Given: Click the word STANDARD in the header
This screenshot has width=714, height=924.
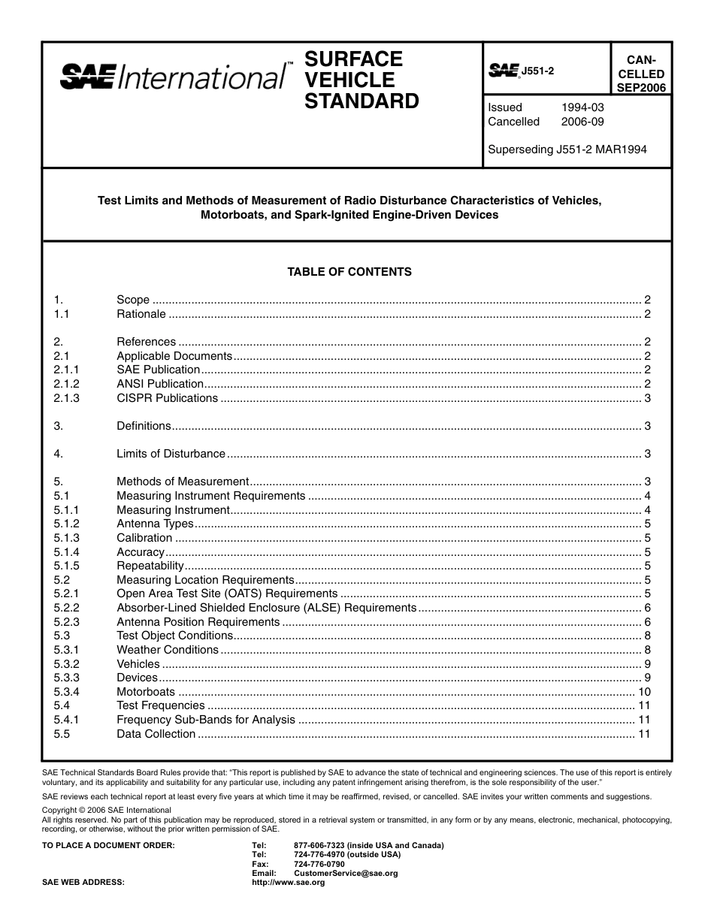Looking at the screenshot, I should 362,101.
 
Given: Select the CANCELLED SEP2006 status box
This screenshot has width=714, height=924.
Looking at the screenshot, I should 640,74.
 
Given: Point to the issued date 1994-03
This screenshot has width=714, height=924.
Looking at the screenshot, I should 582,107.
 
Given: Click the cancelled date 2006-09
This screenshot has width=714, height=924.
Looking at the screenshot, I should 582,122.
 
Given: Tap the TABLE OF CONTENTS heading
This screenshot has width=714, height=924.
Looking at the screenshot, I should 349,272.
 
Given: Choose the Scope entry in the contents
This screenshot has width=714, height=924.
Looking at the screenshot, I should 133,300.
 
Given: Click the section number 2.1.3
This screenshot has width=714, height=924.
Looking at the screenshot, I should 67,398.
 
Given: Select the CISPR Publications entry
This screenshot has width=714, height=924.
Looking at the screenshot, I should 167,398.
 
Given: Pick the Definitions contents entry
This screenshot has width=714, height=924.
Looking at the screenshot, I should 144,426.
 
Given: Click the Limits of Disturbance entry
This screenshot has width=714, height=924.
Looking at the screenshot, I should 171,454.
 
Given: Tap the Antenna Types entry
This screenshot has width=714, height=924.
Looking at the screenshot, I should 155,524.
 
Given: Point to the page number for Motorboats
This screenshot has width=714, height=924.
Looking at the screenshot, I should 643,692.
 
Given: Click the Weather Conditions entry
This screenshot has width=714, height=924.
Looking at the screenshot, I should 168,650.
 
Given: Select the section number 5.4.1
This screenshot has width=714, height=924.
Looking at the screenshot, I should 67,720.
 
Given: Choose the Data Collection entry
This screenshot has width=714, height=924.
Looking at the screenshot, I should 156,734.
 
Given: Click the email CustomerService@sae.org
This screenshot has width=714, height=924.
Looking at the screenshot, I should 346,874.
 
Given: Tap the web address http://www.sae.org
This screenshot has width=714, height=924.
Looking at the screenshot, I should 288,883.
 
